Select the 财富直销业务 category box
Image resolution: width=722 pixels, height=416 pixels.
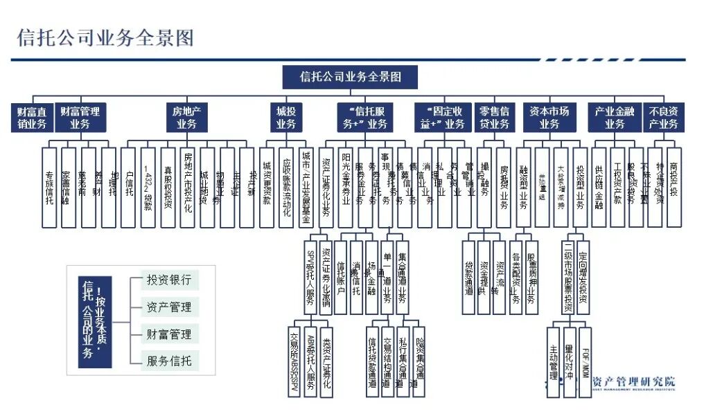coord(32,118)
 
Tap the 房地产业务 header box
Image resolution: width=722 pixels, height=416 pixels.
coord(186,118)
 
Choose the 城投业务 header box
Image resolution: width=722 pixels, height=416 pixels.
coord(285,118)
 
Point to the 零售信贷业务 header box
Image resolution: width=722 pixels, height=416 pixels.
coord(495,118)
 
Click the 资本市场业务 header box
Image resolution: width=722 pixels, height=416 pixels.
coord(549,118)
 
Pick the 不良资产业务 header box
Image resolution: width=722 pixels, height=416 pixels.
coord(663,118)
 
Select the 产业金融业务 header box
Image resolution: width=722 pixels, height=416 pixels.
coord(615,118)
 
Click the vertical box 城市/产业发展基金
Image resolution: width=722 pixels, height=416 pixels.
coord(307,187)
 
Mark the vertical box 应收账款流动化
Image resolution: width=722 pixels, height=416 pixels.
coord(287,187)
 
